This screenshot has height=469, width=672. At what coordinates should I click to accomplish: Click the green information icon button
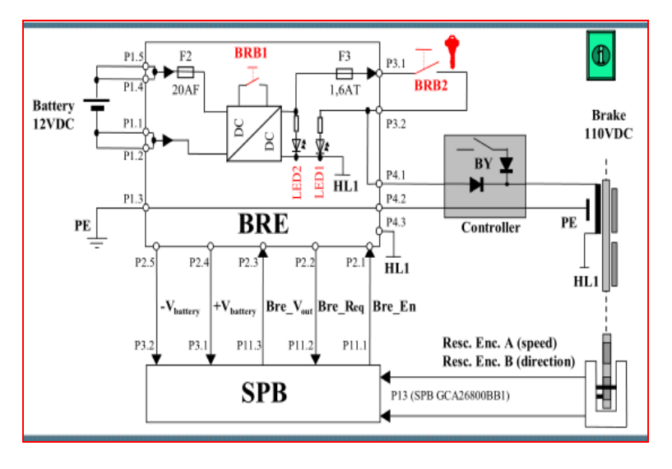(601, 57)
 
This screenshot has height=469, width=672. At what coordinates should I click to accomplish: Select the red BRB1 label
(250, 53)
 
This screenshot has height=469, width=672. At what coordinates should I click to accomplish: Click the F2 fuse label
(186, 56)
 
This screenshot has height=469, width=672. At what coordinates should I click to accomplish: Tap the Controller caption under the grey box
(490, 228)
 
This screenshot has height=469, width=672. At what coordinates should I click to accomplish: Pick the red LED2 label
(297, 181)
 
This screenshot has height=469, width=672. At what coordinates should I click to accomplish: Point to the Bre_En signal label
(394, 306)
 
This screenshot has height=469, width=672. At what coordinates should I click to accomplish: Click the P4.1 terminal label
(396, 174)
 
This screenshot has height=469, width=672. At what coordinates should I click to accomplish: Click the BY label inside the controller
(484, 163)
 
